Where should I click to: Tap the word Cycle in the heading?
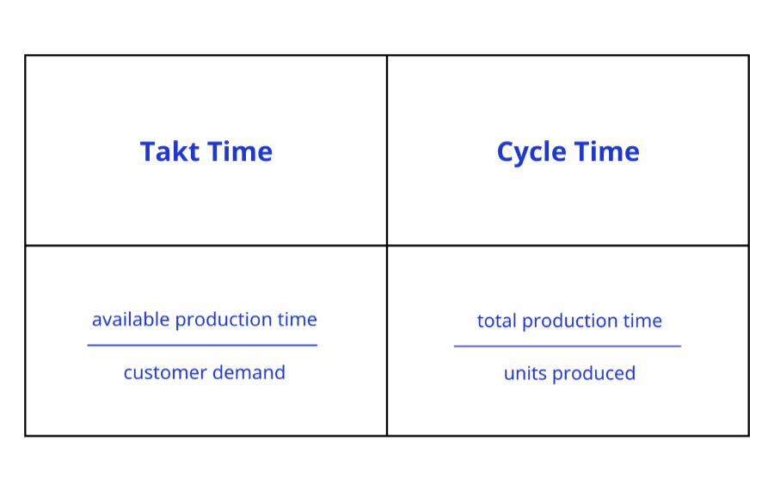[531, 152]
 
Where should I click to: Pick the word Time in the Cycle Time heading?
[606, 152]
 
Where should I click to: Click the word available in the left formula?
[131, 320]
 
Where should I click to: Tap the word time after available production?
[297, 320]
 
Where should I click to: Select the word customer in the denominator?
[161, 373]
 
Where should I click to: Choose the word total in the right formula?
[497, 321]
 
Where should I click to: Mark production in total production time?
[570, 322]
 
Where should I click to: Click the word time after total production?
[642, 321]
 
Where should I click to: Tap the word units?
[524, 374]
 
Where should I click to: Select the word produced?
[593, 374]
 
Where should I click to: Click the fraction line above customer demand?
[202, 346]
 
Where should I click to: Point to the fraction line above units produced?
[568, 346]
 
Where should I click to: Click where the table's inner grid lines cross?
[387, 246]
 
